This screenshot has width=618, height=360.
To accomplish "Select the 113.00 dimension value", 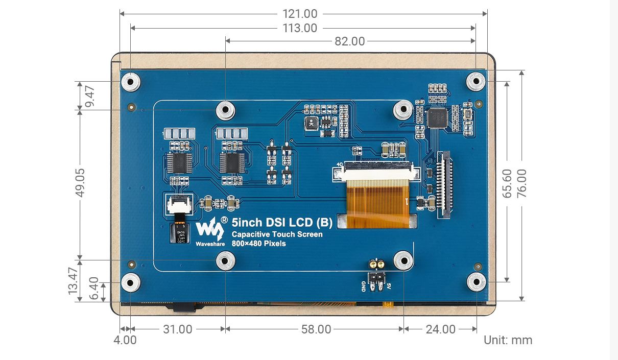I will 300,28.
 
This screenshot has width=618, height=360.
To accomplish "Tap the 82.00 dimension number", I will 350,41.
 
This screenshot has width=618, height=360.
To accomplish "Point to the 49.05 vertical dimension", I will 80,182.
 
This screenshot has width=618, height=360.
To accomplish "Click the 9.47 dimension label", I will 90,96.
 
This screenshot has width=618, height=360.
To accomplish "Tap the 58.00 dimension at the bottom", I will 316,329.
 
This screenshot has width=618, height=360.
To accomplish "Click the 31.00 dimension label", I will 177,329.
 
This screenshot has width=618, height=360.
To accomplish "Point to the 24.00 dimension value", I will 440,329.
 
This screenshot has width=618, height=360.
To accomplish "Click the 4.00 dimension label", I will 126,340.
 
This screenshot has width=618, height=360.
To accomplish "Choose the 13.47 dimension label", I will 73,281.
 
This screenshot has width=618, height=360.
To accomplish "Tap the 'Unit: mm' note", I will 508,340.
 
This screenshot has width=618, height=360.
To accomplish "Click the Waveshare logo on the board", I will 210,231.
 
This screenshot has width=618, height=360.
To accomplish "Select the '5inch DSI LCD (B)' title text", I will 282,222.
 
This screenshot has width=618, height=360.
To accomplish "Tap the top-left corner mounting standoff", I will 131,82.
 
